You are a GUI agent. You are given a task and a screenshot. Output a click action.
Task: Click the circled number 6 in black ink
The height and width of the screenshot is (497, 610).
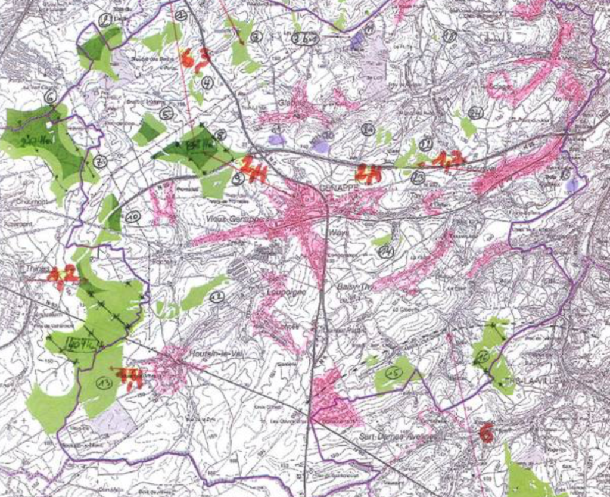click(51, 95)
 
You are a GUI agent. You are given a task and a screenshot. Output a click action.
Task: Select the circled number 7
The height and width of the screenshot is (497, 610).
click(99, 161)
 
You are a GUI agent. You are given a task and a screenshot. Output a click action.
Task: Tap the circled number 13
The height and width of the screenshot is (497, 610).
click(104, 383)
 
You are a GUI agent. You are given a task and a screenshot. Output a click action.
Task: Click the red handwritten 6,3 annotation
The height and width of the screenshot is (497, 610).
click(195, 58)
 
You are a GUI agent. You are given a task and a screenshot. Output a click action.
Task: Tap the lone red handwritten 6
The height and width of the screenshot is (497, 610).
click(486, 433)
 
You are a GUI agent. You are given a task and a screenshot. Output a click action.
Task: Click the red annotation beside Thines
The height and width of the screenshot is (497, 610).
click(63, 275)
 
